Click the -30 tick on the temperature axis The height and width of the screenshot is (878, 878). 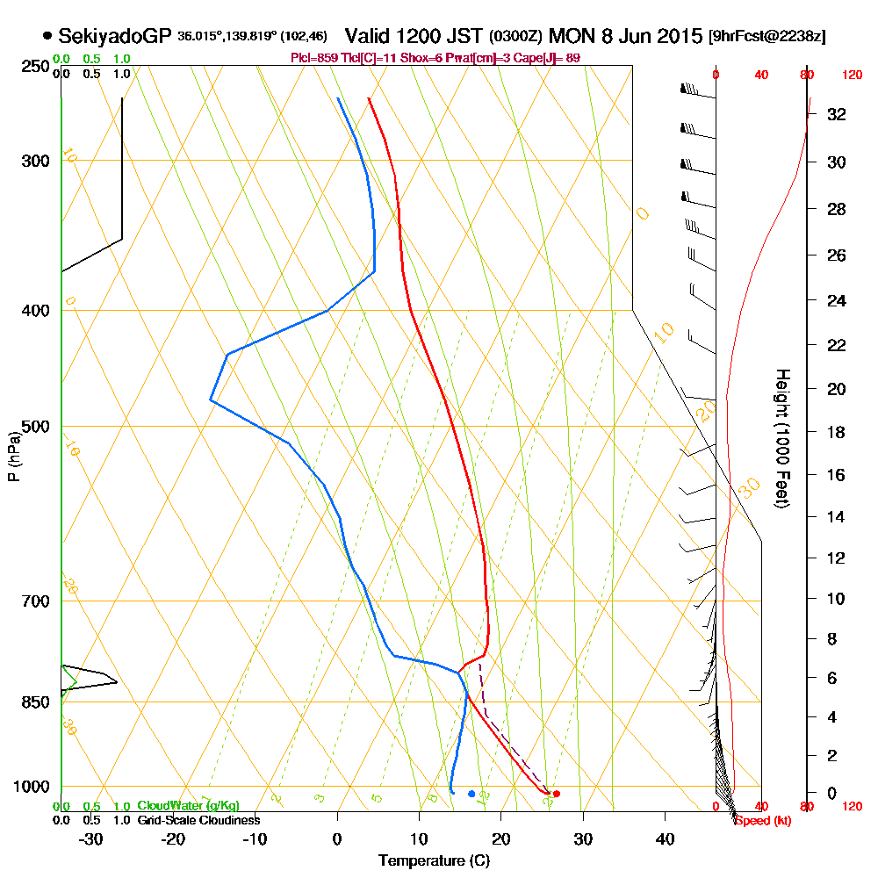click(91, 838)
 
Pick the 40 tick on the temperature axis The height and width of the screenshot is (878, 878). click(665, 838)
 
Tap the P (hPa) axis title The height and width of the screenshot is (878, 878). click(13, 457)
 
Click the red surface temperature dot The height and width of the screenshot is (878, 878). click(556, 794)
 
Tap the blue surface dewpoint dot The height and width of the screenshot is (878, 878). click(471, 794)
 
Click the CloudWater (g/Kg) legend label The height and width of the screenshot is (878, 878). click(188, 806)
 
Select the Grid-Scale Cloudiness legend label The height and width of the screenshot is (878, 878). click(198, 820)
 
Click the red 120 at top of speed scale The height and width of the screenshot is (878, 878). click(851, 76)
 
